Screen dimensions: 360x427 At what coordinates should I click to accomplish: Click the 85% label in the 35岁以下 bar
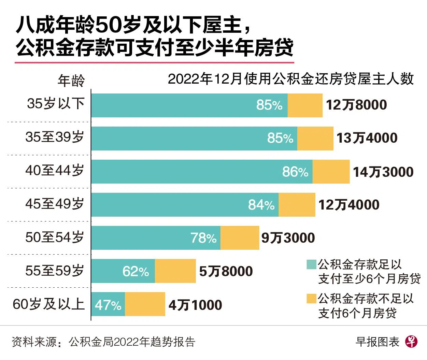point(269,105)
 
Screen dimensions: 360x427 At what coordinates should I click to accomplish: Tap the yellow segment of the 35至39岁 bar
point(315,138)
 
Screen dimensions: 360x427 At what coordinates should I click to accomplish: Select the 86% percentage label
point(295,172)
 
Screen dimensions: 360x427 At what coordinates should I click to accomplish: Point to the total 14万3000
point(383,172)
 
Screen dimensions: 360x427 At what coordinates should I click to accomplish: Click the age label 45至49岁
point(55,204)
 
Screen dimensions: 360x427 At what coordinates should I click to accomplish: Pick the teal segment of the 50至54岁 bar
point(156,237)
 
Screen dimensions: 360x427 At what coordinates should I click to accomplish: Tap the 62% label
point(136,272)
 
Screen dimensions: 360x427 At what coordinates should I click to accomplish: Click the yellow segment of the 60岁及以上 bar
point(145,304)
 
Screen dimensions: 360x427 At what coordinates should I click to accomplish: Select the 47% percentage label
point(108,305)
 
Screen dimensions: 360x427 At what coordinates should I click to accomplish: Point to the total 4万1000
point(195,305)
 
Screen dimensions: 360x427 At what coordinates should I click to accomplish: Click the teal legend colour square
point(311,264)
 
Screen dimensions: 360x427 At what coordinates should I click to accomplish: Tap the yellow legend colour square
point(311,299)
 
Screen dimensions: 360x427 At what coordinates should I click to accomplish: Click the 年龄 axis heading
point(71,81)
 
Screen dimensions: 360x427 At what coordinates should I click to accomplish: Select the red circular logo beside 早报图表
point(411,341)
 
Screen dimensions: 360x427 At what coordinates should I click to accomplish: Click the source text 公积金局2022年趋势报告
point(132,342)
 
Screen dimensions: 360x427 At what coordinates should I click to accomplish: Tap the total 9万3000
point(288,238)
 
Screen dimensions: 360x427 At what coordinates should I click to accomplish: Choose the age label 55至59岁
point(55,271)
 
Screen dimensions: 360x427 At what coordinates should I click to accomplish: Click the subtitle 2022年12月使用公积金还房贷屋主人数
point(290,79)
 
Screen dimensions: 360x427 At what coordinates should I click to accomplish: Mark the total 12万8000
point(356,105)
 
